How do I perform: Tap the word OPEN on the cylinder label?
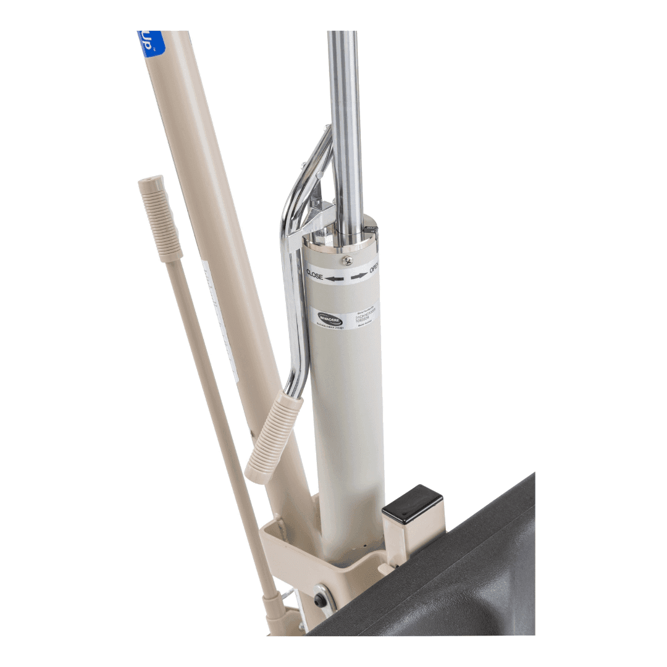pos(374,269)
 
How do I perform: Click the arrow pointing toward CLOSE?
pos(335,279)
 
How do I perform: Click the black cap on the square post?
pos(413,504)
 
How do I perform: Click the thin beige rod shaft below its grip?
pos(216,401)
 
